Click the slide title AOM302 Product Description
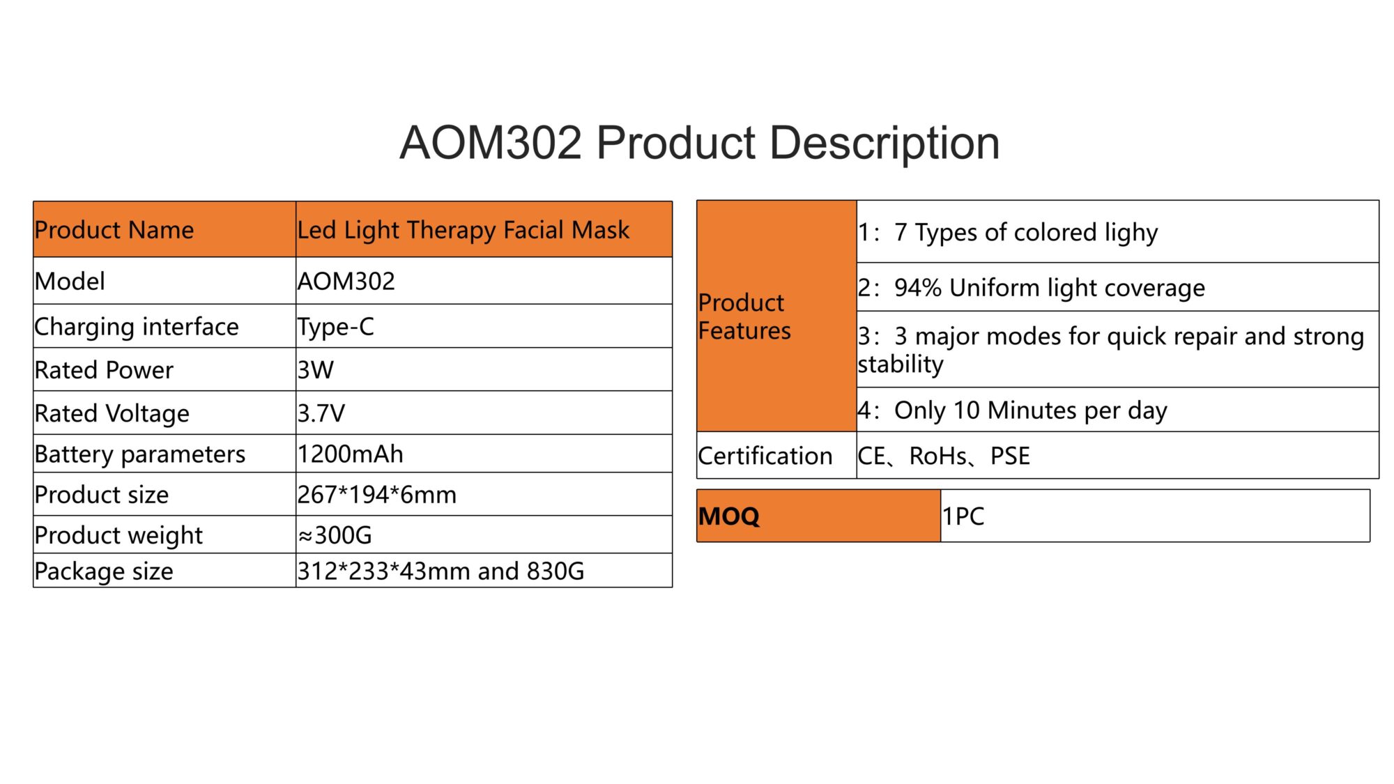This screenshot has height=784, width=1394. pos(699,143)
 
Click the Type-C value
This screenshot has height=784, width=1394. pos(336,327)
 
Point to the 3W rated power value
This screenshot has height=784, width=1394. pos(316,370)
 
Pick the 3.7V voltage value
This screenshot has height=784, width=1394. pos(321,413)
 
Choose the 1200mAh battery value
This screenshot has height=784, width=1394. pos(351,454)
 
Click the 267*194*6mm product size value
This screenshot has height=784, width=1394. pos(377,495)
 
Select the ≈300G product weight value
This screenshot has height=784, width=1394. pos(335,535)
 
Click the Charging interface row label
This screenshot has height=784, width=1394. pos(137,327)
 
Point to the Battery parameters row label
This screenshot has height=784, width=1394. pos(140,454)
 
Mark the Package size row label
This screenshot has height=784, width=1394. pos(104,571)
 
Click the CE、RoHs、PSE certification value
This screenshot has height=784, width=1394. pos(944,456)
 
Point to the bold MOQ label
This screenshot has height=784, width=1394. pos(729,516)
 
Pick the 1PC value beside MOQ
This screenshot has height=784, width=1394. pos(963,516)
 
